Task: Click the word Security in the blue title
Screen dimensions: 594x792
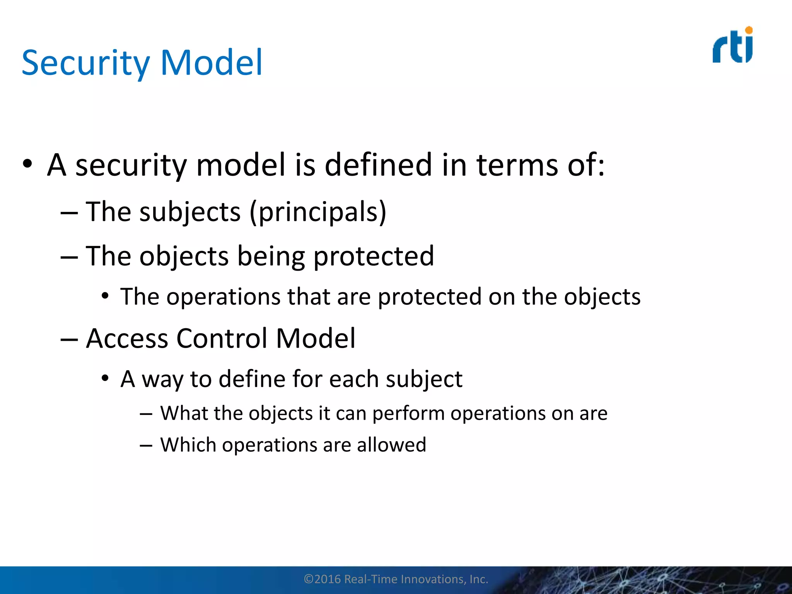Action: [x=85, y=63]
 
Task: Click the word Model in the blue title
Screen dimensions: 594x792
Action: [x=211, y=63]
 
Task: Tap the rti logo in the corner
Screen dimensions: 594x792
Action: [x=732, y=46]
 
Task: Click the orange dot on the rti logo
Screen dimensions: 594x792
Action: [x=749, y=30]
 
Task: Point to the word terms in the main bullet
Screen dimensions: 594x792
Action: [x=517, y=165]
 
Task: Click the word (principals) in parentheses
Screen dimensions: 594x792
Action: [x=318, y=212]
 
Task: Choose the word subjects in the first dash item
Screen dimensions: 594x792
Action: [x=190, y=212]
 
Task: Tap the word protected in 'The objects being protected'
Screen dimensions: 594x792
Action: [x=374, y=256]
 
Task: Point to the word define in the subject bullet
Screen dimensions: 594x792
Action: [x=252, y=379]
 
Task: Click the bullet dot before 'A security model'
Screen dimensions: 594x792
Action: [x=27, y=164]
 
